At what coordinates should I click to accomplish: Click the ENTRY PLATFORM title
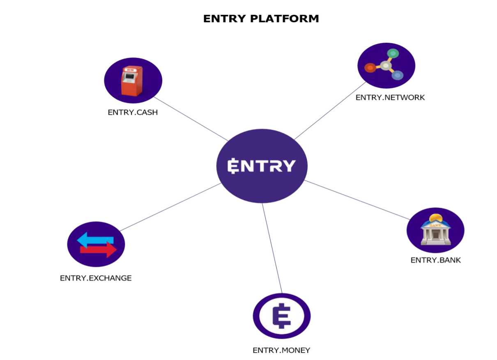(261, 18)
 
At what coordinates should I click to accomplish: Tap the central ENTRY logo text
(262, 166)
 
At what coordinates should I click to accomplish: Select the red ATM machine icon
(132, 80)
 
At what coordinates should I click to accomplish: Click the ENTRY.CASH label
(133, 112)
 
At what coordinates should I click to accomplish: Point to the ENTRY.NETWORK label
(390, 97)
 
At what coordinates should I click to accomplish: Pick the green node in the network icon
(393, 53)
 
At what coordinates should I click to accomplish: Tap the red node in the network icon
(370, 67)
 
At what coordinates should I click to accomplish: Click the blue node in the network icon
(397, 75)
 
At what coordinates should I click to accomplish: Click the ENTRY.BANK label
(435, 260)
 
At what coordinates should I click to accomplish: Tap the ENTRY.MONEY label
(281, 350)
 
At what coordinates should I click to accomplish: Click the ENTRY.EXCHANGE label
(96, 278)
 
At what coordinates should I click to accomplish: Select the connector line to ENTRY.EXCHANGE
(170, 207)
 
